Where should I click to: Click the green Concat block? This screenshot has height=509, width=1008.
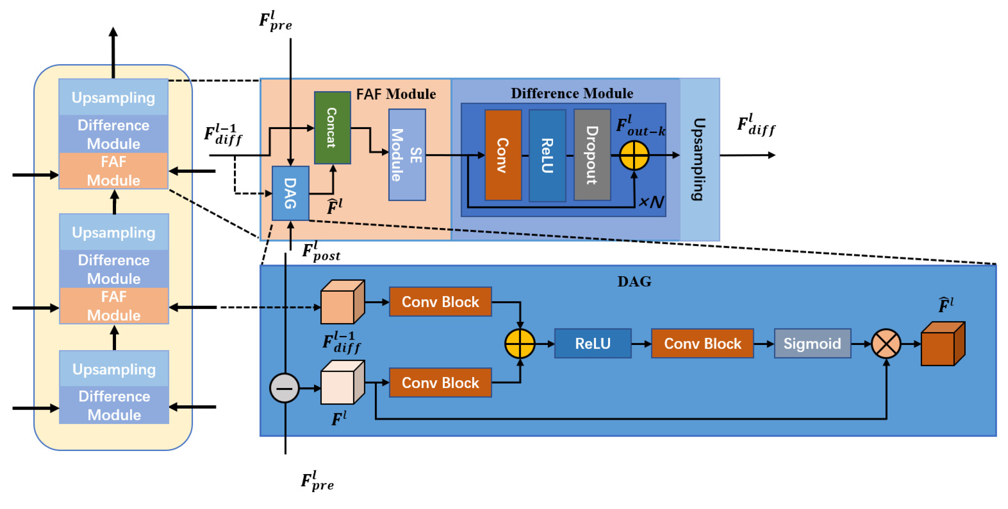pos(332,128)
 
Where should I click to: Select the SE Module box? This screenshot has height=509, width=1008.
pos(407,155)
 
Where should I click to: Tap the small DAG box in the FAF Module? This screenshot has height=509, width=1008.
pos(290,193)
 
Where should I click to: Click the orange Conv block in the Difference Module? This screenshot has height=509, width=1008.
pos(503,155)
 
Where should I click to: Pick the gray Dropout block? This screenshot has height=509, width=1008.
pos(592,155)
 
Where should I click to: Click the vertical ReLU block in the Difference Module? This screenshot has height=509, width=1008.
pos(547,155)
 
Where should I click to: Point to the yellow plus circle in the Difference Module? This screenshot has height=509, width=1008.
pos(634,155)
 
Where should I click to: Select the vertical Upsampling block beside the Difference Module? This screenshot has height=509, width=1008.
pos(699,159)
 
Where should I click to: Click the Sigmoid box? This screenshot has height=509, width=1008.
pos(812,344)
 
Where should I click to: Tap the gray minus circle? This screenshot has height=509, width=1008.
pos(285,388)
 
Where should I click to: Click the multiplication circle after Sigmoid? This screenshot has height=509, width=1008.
pos(886,344)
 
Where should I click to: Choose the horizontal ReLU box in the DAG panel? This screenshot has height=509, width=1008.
pos(592,344)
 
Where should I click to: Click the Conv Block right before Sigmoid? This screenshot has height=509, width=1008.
pos(702,344)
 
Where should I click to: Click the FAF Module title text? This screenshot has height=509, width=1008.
pos(395,95)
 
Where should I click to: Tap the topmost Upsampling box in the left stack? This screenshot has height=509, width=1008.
pos(113,97)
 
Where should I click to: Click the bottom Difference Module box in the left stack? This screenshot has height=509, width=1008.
pos(114,405)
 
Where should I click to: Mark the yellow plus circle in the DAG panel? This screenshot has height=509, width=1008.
pos(520,344)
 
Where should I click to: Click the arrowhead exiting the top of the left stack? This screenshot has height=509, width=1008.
pos(113,32)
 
